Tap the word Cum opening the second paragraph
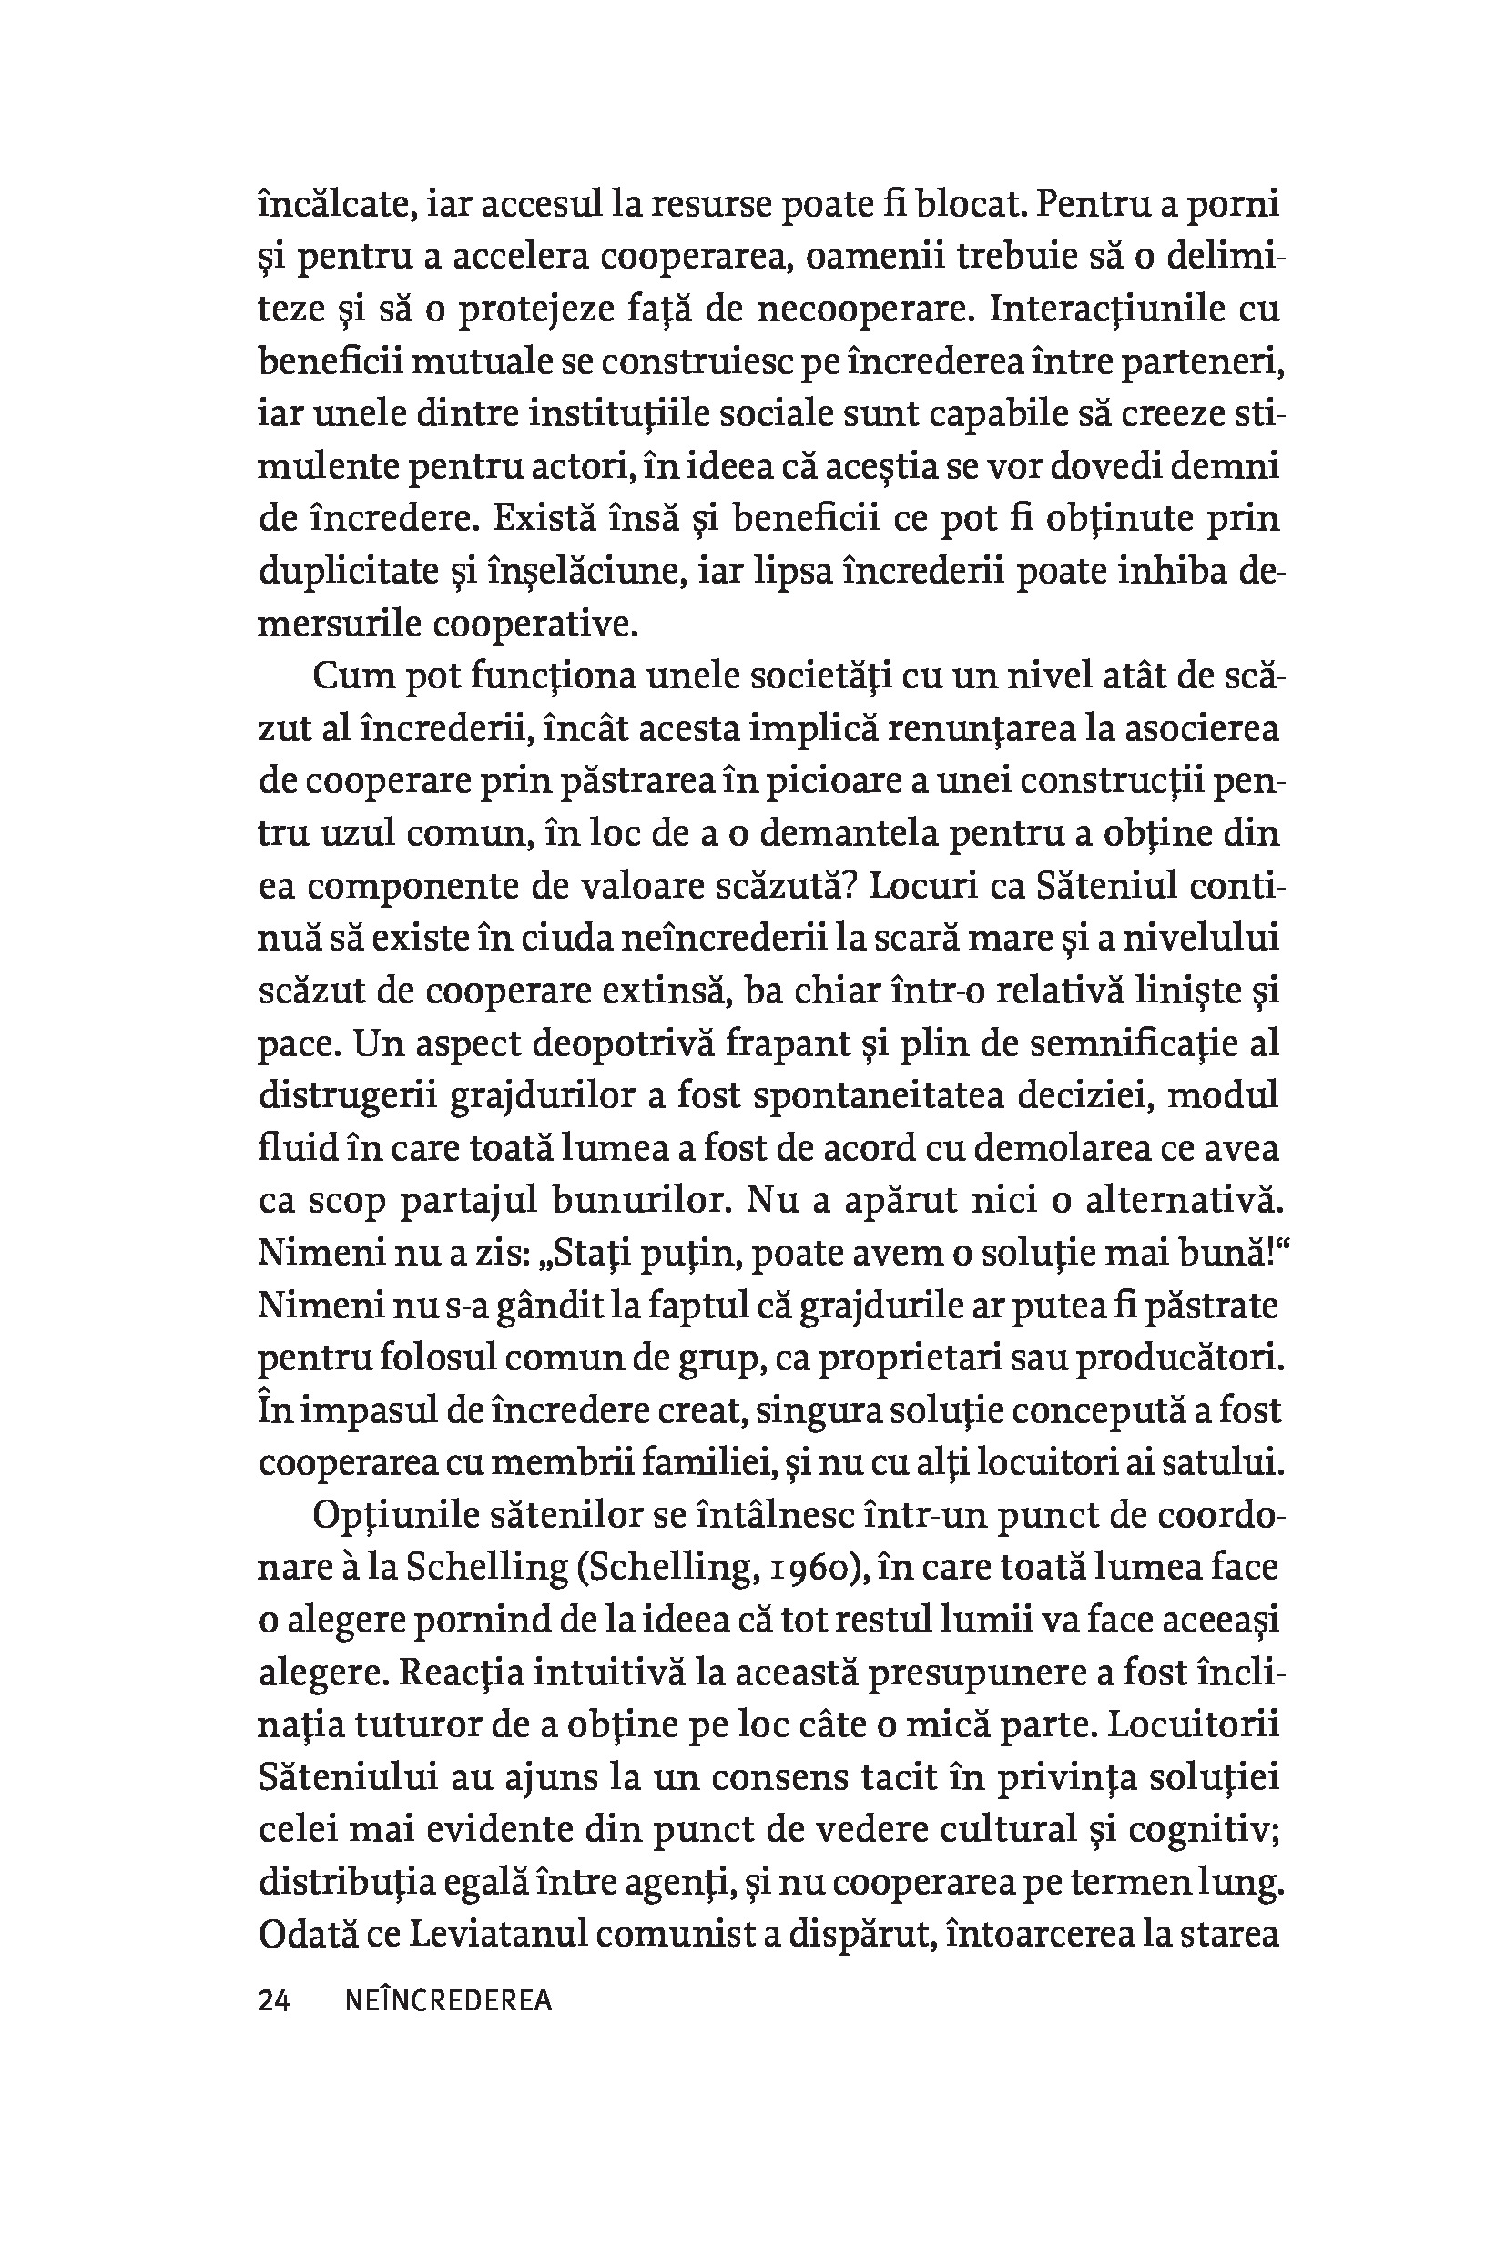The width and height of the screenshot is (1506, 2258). pyautogui.click(x=352, y=676)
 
